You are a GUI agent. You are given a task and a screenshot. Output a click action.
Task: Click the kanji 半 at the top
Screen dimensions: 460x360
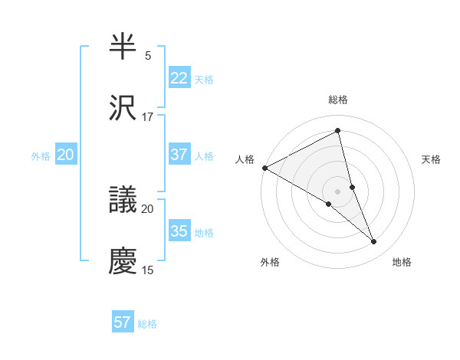123,47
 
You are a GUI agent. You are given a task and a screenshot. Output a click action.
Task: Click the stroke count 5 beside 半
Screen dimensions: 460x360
148,56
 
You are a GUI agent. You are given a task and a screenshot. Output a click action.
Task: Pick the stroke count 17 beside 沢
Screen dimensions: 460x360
148,117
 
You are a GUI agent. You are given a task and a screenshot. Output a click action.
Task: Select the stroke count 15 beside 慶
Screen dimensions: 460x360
148,270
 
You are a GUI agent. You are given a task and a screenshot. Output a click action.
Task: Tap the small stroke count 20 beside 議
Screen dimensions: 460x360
148,208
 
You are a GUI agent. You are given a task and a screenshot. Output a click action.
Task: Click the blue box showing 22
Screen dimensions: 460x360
179,78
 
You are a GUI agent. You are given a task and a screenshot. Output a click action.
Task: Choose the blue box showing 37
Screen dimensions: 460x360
179,155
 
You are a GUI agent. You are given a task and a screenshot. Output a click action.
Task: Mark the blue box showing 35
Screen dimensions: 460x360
179,231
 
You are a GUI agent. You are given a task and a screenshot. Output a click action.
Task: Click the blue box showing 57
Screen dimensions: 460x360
123,322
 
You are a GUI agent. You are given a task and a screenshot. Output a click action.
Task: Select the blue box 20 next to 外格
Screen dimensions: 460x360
65,155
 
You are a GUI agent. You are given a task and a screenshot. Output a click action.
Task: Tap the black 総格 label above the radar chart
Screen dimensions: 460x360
338,100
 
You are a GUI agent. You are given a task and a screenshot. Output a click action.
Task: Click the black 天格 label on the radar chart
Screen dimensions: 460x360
432,159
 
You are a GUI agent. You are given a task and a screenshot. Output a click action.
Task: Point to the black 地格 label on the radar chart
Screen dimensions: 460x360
402,262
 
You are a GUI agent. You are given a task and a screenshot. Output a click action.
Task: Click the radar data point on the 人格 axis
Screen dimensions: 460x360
264,167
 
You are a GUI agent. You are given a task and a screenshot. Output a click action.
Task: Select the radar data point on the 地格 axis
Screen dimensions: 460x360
374,242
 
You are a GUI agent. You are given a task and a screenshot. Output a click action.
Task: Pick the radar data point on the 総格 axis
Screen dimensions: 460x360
338,131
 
